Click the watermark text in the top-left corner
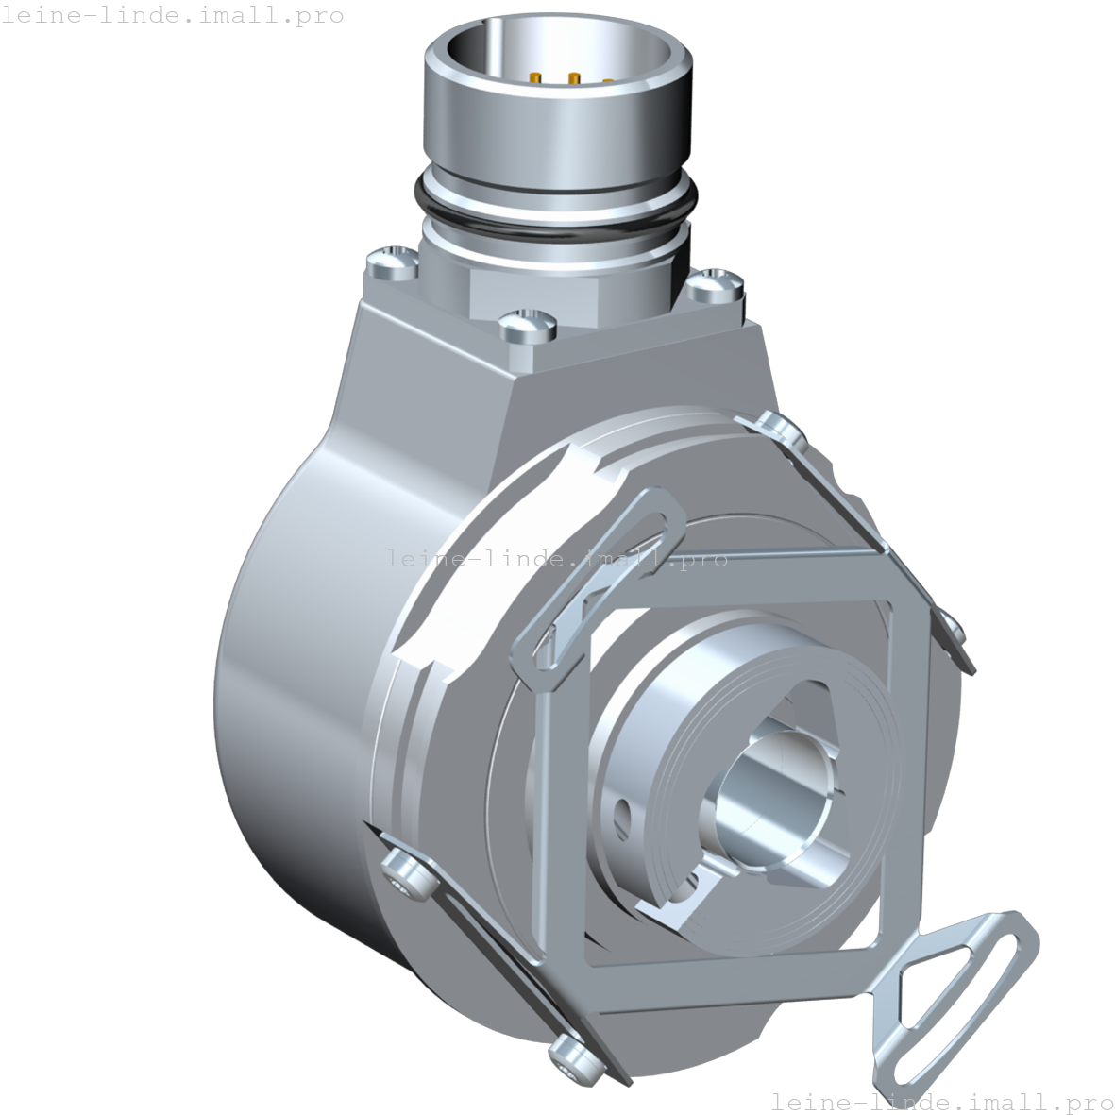[x=172, y=15]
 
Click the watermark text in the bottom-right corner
[x=941, y=1101]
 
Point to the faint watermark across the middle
[x=556, y=559]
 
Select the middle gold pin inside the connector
[x=573, y=79]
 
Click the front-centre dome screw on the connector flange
[x=524, y=324]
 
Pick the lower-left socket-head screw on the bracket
[x=404, y=870]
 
